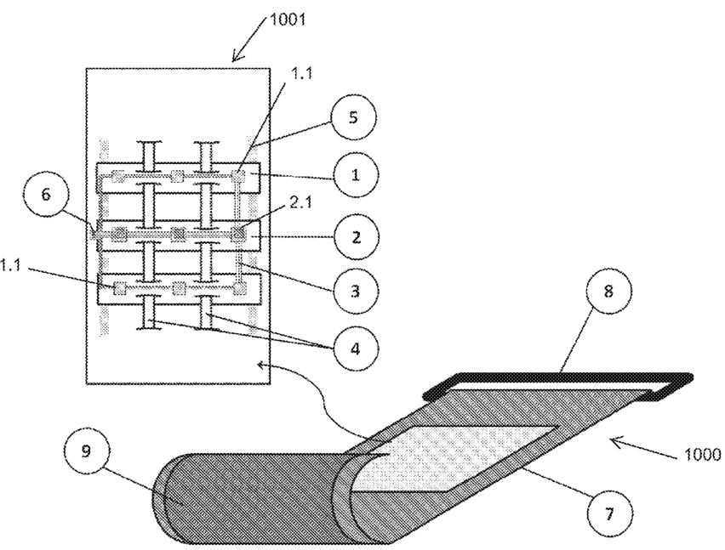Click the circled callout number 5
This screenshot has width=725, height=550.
point(353,117)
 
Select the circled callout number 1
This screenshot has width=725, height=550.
point(355,175)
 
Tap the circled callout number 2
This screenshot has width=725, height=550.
point(356,237)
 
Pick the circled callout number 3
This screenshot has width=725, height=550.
point(355,291)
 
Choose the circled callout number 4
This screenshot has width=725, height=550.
point(355,348)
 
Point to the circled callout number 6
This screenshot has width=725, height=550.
point(45,195)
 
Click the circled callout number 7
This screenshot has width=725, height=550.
point(608,513)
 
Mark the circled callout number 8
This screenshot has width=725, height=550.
point(608,292)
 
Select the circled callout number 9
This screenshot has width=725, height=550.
point(87,451)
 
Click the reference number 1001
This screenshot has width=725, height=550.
point(287,20)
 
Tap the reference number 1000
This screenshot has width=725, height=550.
point(702,454)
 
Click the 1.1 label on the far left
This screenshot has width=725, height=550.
point(10,265)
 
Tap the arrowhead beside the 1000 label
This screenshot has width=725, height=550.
point(617,443)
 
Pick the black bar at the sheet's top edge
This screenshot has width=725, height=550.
point(559,377)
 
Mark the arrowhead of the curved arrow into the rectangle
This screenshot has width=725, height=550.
point(262,366)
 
